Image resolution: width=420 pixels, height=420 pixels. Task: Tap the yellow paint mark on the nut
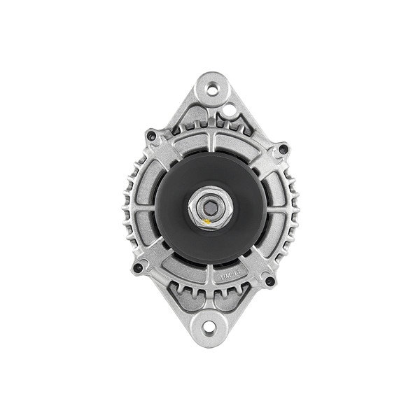click(x=206, y=223)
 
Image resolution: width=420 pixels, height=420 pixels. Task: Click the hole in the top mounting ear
click(x=211, y=89)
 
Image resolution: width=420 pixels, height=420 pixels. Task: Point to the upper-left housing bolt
click(x=151, y=135)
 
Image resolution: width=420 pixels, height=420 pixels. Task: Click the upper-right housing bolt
click(x=283, y=149)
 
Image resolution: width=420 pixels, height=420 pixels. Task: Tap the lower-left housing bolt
click(x=138, y=267)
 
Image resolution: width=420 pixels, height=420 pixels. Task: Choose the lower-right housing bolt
click(x=269, y=281)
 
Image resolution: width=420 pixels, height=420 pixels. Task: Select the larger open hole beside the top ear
click(x=229, y=110)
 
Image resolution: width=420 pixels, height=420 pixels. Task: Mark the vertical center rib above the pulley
click(x=211, y=140)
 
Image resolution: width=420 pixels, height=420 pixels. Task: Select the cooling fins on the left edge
click(x=128, y=209)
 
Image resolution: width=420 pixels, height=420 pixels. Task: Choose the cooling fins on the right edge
click(x=293, y=209)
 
